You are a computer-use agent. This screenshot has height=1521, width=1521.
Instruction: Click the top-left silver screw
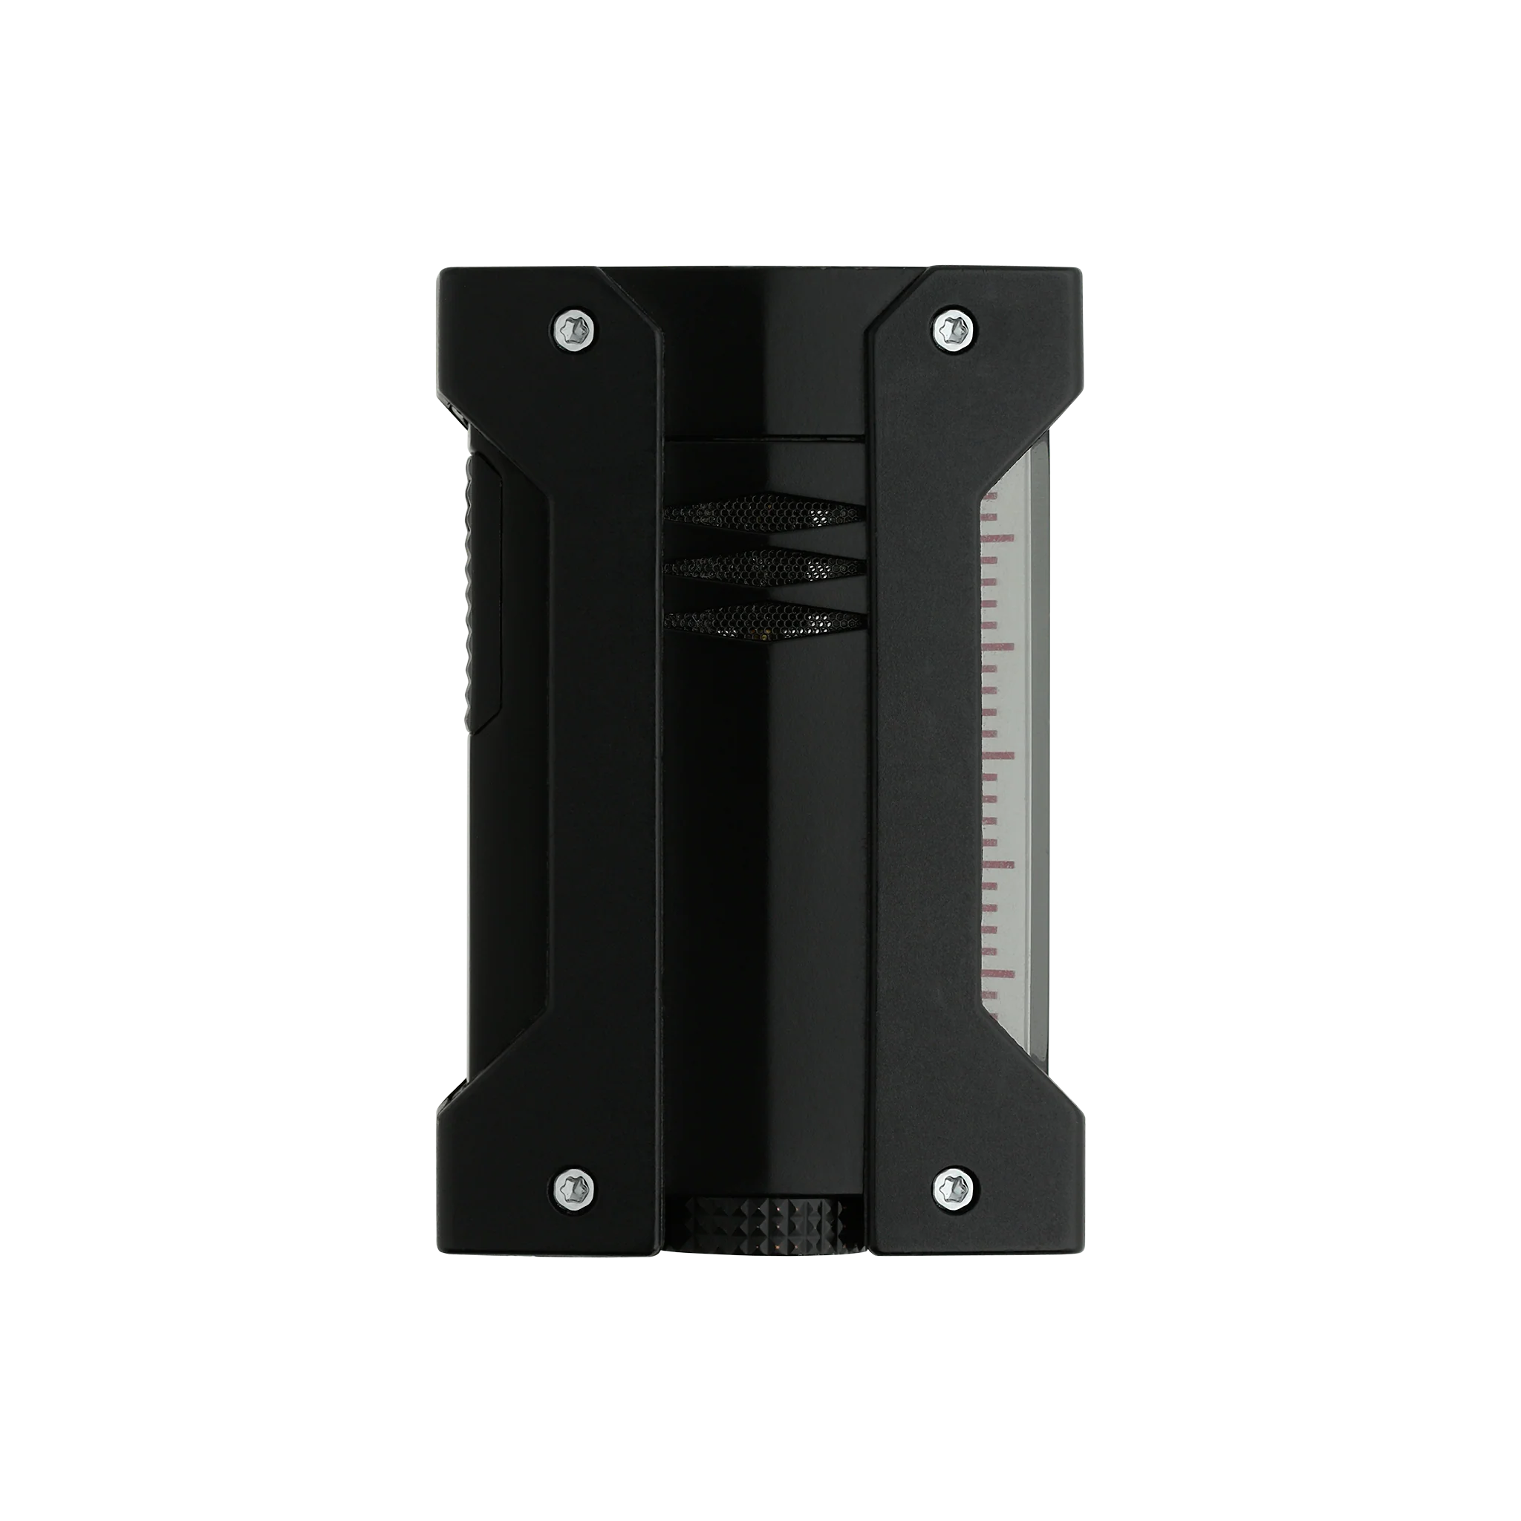(575, 329)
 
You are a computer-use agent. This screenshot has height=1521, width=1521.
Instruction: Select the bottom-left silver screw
(575, 1185)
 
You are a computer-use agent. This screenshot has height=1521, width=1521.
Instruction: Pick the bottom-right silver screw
(955, 1185)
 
